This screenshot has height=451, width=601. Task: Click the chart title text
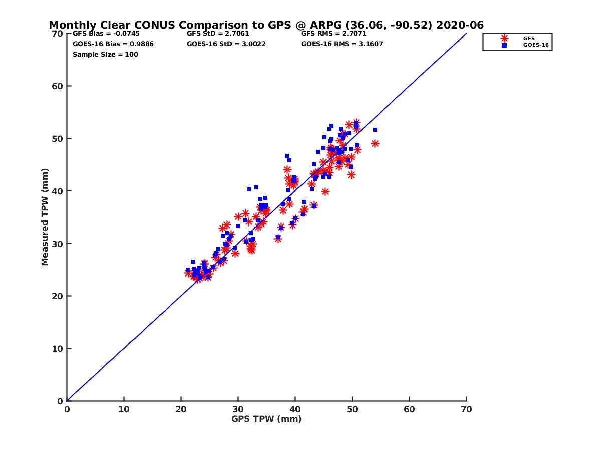266,25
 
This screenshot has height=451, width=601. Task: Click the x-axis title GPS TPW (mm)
266,419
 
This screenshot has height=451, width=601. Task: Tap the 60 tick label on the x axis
410,409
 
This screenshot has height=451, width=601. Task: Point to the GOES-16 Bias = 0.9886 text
113,44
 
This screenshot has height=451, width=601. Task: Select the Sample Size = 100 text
105,54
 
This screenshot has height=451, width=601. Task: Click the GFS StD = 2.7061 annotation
218,34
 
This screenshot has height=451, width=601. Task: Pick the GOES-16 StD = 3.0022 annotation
226,44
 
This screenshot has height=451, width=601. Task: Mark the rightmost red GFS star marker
375,144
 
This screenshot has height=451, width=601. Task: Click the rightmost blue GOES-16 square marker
375,130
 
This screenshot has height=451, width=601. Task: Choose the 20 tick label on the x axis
181,409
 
